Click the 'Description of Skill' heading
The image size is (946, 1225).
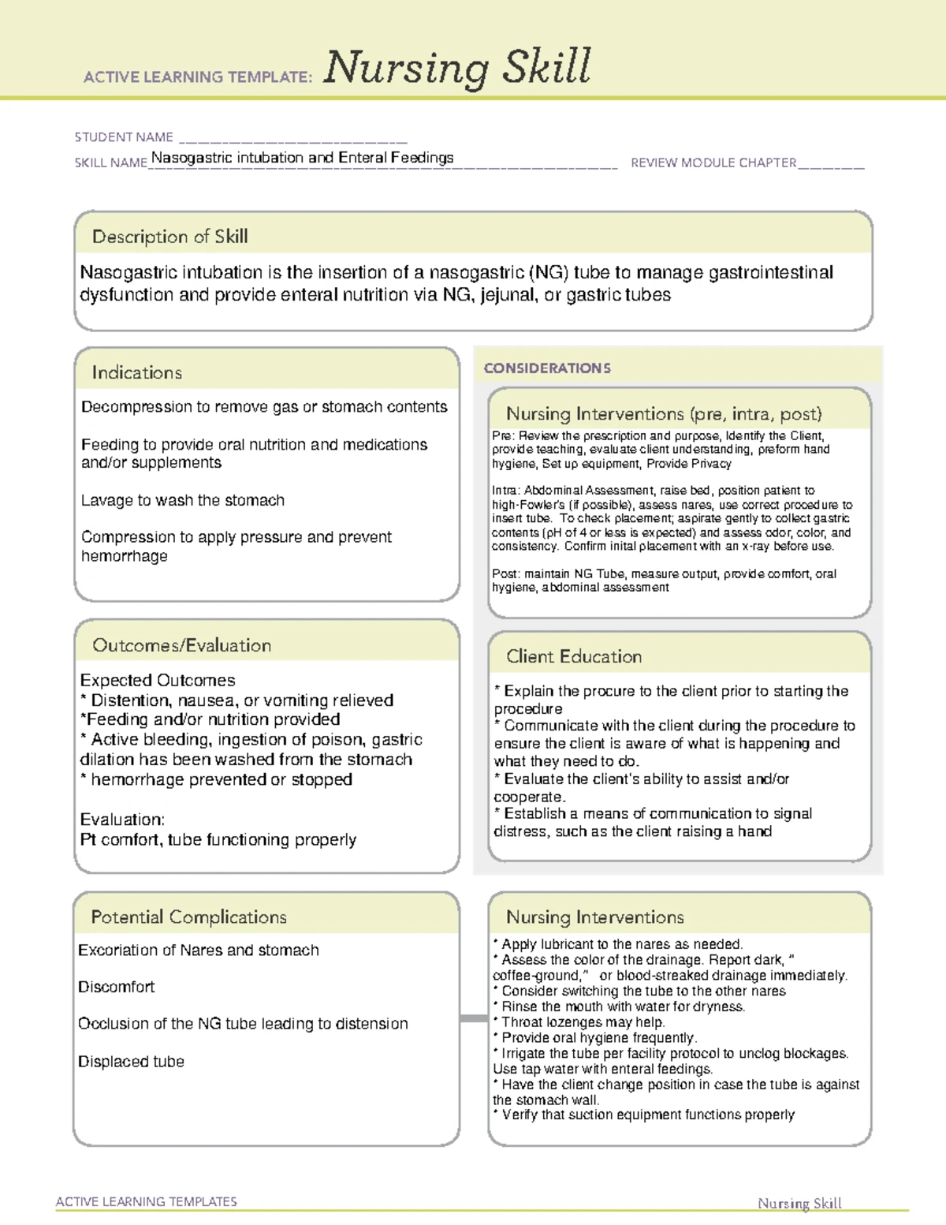coord(169,237)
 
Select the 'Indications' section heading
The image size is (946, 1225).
coord(136,372)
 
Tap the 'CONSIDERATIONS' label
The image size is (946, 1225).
coord(547,368)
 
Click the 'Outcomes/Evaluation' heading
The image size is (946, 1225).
coord(181,645)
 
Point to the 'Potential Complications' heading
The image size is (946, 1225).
coord(188,917)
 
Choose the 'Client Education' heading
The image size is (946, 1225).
coord(573,656)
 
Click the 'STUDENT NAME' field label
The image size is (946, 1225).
coord(124,137)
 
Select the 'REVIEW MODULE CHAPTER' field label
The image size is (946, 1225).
coord(713,162)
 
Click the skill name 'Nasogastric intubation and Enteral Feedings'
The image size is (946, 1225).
coord(302,158)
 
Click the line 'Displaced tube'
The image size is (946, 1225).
coord(131,1062)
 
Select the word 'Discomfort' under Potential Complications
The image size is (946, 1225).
coord(116,987)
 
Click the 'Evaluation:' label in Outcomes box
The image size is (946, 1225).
coord(122,820)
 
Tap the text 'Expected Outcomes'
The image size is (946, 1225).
coord(158,680)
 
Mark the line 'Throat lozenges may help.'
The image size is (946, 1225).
coord(582,1022)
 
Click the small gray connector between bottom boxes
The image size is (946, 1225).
coord(473,1018)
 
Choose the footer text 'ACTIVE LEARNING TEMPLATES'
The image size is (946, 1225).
coord(146,1201)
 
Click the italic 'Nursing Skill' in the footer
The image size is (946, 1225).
coord(799,1203)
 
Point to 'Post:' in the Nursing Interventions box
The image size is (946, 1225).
coord(506,574)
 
